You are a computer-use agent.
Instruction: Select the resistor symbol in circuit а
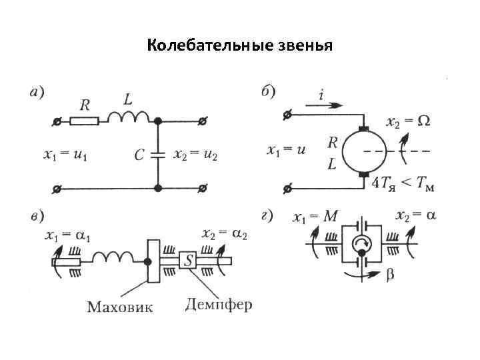tap(85, 121)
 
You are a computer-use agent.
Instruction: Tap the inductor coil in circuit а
tap(128, 118)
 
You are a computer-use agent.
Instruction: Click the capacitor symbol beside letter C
tap(158, 155)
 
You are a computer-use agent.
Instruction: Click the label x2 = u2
tap(195, 155)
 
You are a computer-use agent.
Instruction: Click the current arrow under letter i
tap(325, 105)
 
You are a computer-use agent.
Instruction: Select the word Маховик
tap(120, 307)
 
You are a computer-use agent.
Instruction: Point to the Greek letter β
tap(389, 274)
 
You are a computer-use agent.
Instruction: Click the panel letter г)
tap(267, 215)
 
